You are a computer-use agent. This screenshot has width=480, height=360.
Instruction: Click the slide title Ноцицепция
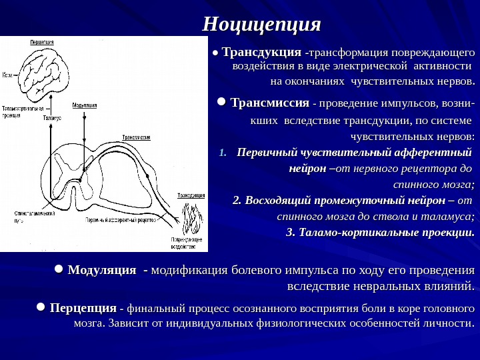click(262, 25)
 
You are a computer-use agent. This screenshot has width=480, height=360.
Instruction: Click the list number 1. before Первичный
click(224, 153)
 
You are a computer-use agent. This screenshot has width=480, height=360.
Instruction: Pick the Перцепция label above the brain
click(41, 41)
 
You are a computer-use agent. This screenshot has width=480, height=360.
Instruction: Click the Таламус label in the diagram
click(51, 117)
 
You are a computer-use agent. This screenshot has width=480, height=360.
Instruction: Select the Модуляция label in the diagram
click(84, 105)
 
